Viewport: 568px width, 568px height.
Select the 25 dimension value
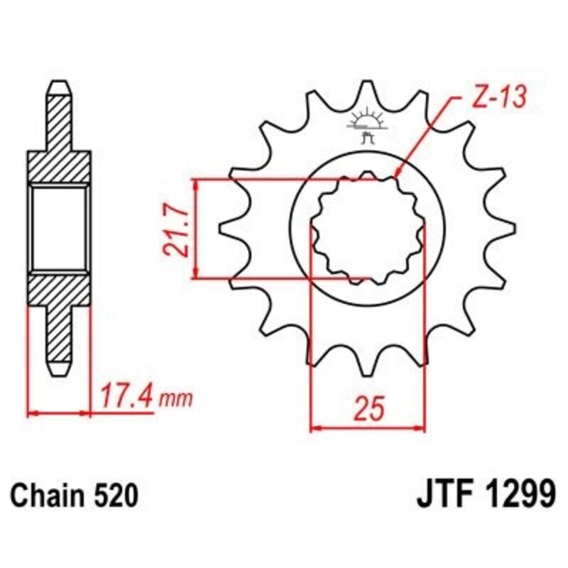368,410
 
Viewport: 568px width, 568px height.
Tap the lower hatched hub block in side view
60,291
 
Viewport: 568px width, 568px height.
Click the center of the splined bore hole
368,227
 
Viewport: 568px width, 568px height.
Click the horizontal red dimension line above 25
368,428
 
